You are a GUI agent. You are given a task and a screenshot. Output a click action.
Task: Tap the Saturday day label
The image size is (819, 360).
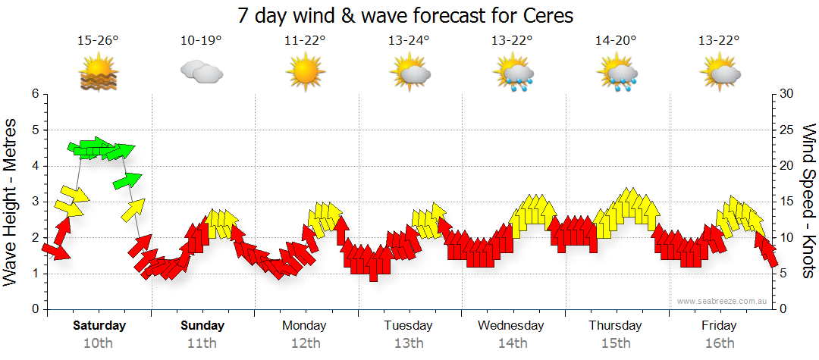(99, 326)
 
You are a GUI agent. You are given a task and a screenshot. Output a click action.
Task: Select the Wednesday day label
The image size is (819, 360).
(510, 326)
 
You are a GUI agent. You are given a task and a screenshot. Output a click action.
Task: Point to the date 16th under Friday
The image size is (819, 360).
(719, 343)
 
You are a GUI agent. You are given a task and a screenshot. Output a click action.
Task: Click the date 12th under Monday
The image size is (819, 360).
(304, 343)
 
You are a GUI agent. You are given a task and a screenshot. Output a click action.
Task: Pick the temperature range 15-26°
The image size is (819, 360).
(98, 41)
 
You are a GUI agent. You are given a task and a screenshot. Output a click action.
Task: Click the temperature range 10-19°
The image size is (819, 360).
(201, 41)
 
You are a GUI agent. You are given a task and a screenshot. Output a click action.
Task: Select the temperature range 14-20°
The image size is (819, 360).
(616, 41)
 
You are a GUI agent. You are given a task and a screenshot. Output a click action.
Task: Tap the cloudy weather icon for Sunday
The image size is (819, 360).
(201, 73)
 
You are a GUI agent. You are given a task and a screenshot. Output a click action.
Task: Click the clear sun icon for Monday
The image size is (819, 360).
(305, 73)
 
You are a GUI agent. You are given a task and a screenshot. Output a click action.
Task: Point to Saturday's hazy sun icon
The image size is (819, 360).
(99, 74)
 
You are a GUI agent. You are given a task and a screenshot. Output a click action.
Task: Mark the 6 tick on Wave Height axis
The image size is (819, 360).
(35, 94)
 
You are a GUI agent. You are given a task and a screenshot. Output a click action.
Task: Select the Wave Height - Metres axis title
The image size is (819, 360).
(11, 202)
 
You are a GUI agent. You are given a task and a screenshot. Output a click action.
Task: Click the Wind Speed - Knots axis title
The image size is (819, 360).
(808, 202)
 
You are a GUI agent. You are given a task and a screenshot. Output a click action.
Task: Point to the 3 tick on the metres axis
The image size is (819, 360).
(35, 202)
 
